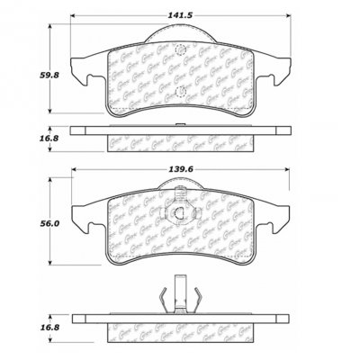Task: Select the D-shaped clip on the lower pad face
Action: pos(180,213)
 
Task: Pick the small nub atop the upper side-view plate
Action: pos(180,123)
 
